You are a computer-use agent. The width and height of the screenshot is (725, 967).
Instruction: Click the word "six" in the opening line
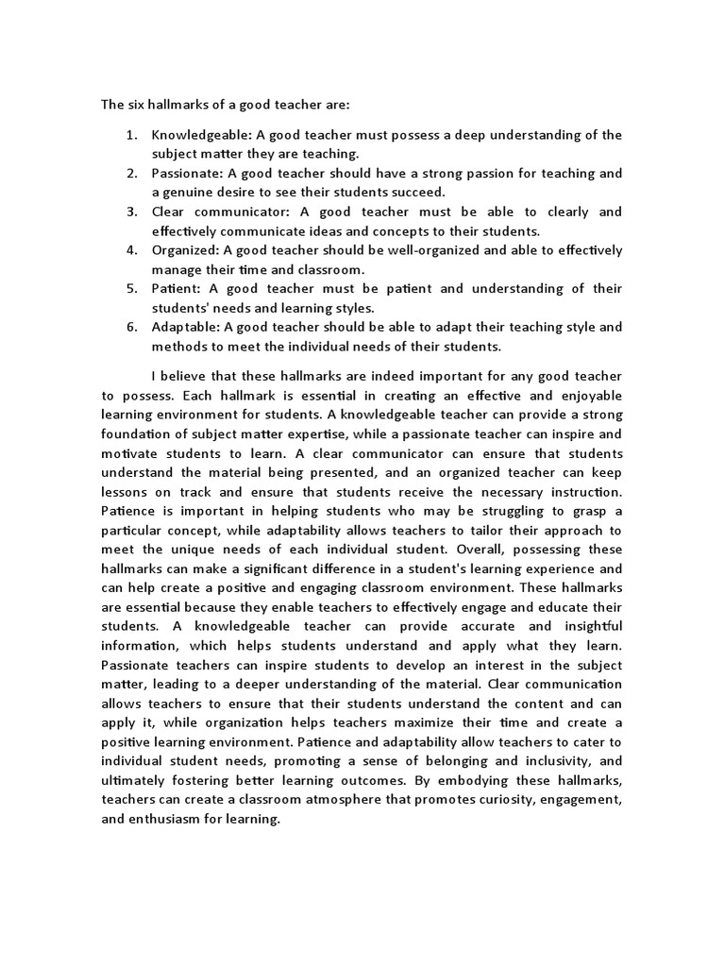coord(136,104)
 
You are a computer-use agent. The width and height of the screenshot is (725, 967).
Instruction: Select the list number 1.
coord(131,135)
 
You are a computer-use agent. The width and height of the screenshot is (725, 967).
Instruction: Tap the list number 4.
coord(131,250)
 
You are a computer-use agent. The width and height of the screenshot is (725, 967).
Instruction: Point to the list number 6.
coord(131,328)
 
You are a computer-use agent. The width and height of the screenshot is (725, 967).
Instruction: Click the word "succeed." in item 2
coord(392,193)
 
